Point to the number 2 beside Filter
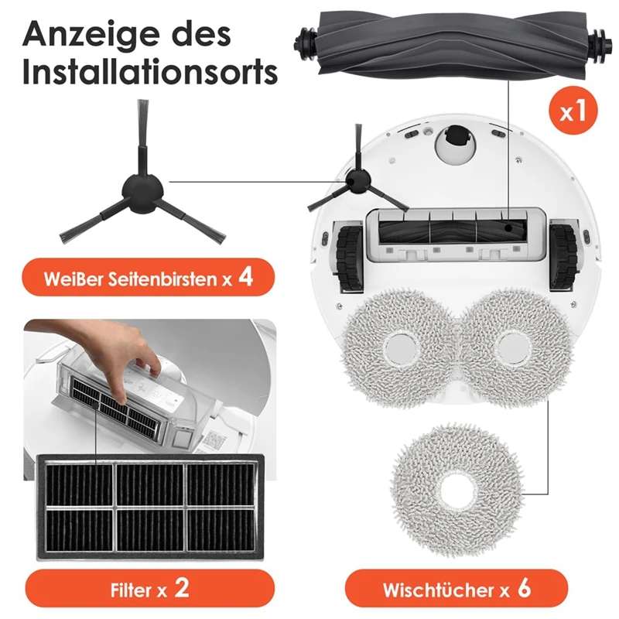click(181, 589)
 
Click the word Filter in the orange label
click(129, 590)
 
